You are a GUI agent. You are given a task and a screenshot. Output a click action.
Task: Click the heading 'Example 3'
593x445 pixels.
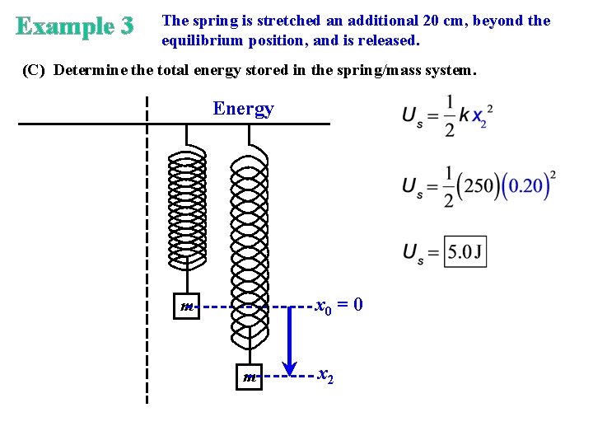(x=74, y=26)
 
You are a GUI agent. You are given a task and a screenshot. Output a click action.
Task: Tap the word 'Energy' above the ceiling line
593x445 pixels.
(x=243, y=109)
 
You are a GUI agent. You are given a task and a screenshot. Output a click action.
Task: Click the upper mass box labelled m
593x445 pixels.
(x=187, y=307)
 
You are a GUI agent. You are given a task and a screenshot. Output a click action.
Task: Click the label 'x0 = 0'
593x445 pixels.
(x=339, y=306)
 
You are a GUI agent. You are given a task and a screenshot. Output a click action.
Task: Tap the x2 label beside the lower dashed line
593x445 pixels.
(x=326, y=376)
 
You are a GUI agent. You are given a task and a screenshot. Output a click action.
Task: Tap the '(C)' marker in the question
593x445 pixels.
(x=34, y=70)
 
